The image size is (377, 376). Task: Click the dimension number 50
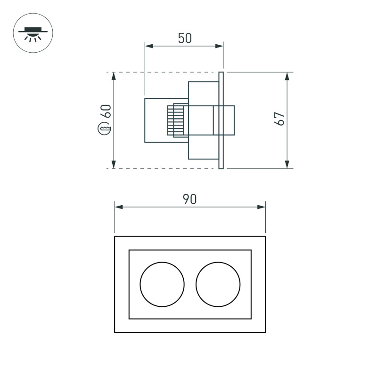tap(185, 38)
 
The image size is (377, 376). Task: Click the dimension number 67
tap(279, 119)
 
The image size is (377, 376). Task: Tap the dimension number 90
tap(190, 199)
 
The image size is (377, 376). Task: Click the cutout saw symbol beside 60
tap(104, 128)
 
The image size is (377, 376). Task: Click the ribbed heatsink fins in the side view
tap(175, 120)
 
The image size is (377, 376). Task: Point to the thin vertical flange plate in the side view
tap(221, 120)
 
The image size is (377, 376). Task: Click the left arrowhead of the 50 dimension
tap(149, 46)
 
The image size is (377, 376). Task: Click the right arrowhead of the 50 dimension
tap(219, 46)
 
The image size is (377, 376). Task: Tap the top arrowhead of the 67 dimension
tap(287, 76)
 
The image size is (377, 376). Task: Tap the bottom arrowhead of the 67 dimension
tap(287, 164)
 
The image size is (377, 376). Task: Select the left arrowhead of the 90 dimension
tap(119, 207)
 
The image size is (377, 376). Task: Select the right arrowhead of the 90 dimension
tap(262, 207)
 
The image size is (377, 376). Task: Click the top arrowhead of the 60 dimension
tap(114, 76)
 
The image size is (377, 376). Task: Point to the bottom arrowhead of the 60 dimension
tap(114, 164)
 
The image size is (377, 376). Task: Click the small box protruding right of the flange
tap(229, 120)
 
